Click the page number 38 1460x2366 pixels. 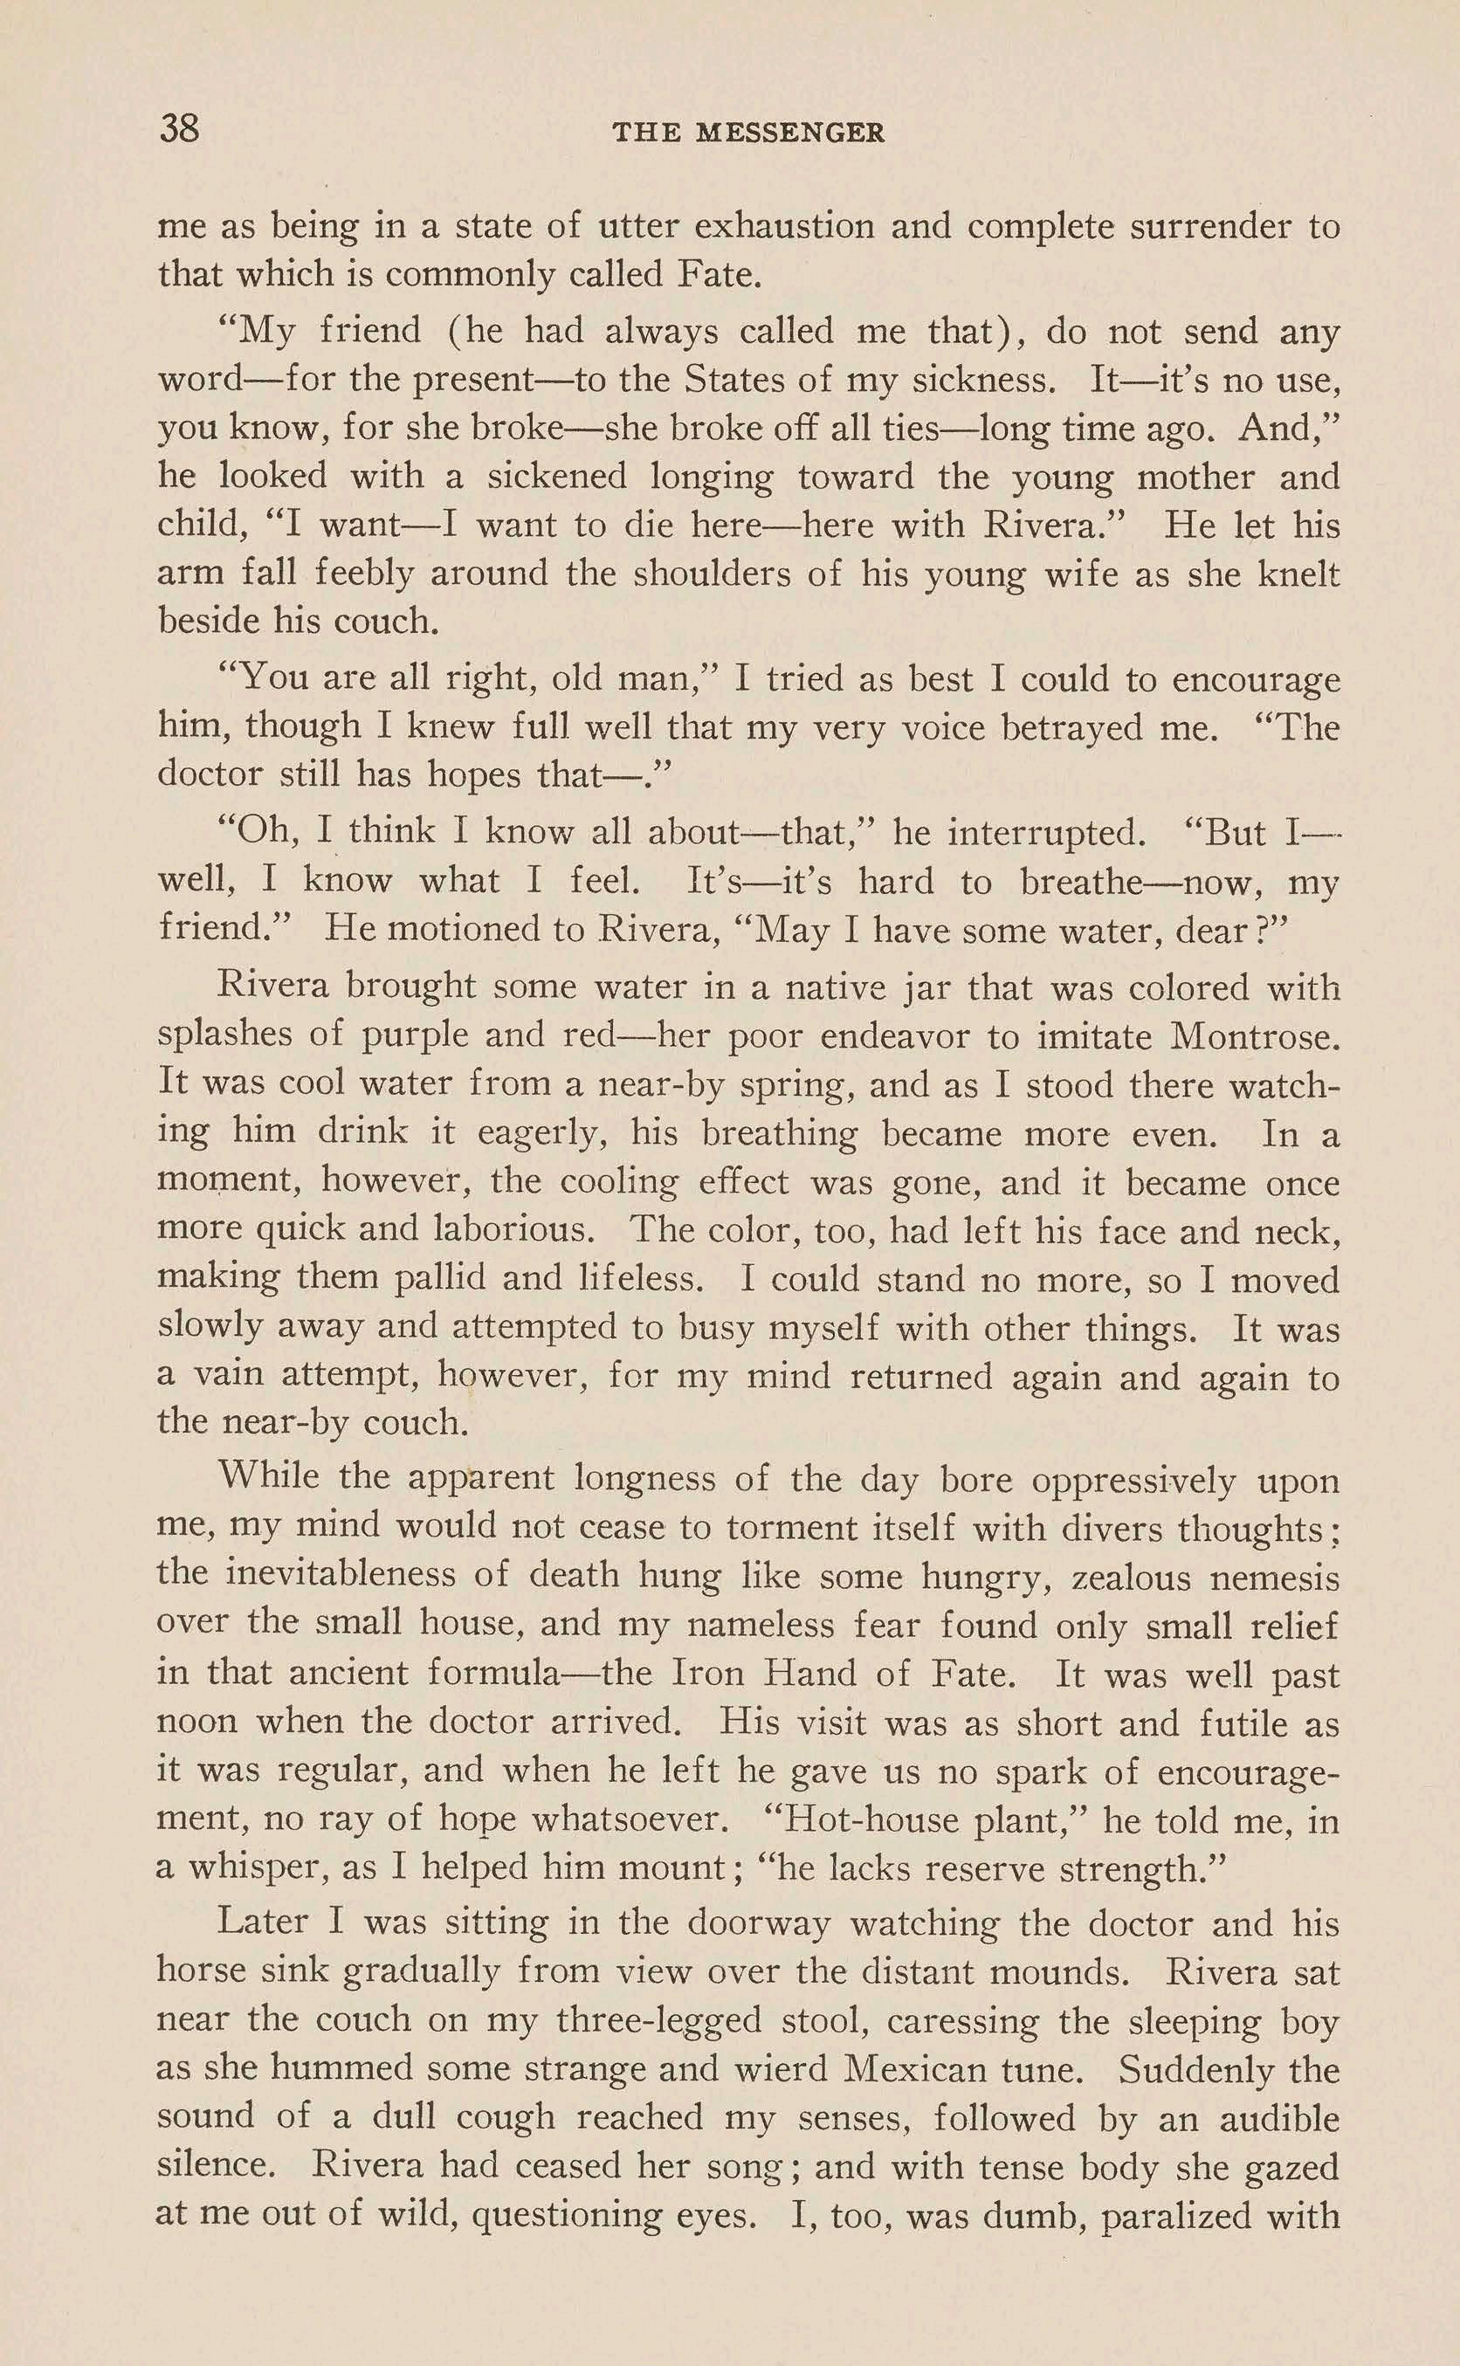(180, 128)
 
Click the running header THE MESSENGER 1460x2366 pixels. (748, 134)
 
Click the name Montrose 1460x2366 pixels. (1254, 1035)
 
